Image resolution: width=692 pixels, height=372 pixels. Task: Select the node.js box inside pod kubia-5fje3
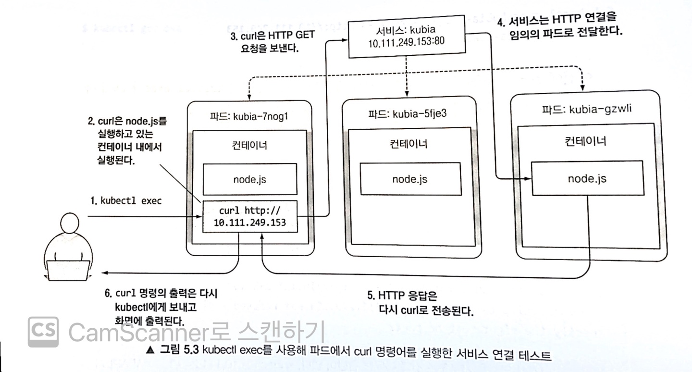pos(409,179)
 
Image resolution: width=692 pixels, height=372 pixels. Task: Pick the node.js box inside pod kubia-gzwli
pos(587,178)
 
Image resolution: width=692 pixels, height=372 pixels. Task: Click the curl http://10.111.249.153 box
pos(250,217)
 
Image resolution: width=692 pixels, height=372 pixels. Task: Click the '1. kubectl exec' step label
pos(126,201)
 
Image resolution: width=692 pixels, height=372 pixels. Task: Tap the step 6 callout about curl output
pos(161,307)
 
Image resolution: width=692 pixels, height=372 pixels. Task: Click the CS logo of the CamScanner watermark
pos(43,332)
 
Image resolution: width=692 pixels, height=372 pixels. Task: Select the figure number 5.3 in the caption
pos(176,351)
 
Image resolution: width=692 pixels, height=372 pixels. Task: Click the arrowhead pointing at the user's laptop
pos(105,273)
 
